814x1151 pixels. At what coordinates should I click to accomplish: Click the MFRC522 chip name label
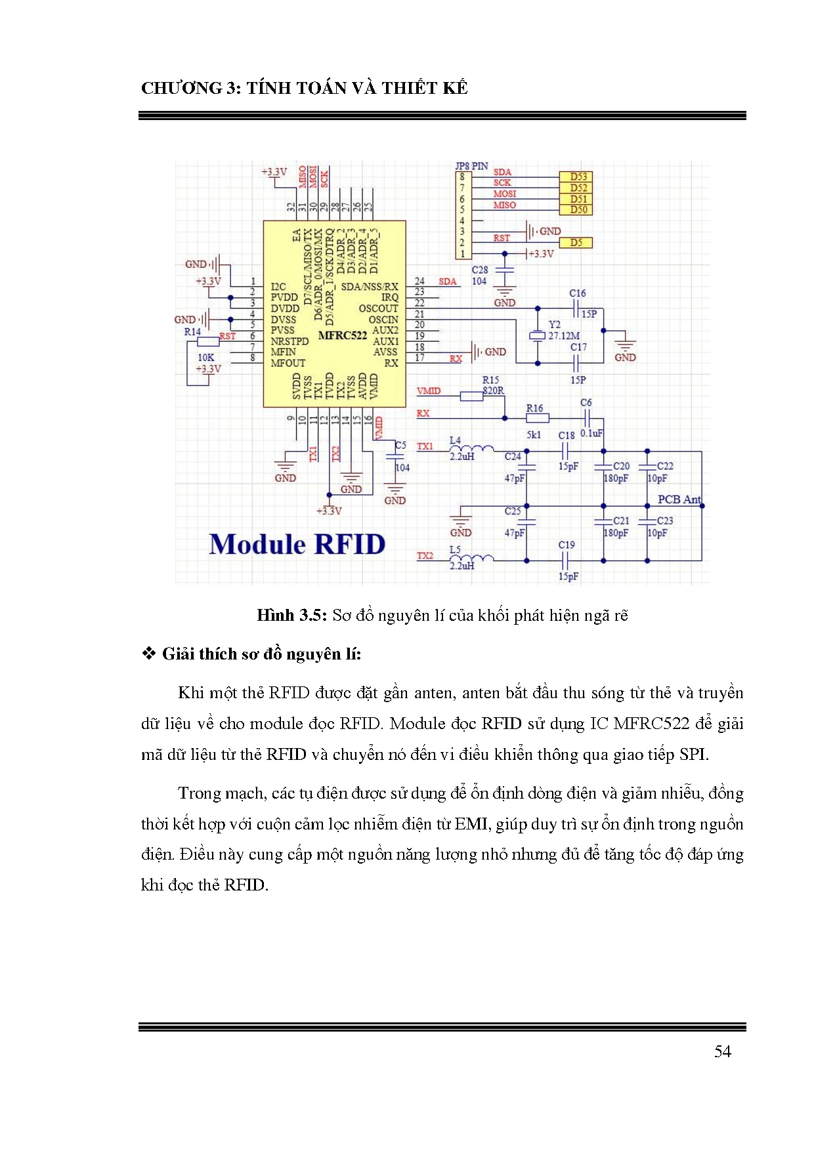point(342,335)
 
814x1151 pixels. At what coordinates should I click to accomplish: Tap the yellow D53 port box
point(578,177)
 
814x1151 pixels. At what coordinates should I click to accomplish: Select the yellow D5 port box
point(576,243)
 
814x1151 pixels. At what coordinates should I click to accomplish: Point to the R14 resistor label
point(192,332)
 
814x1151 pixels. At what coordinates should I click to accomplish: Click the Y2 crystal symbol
point(538,337)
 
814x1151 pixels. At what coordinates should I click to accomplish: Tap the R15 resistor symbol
point(471,396)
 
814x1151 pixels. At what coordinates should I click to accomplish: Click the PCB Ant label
point(679,499)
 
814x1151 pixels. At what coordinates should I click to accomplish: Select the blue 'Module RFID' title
point(297,545)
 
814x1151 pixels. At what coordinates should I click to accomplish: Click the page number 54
point(722,1052)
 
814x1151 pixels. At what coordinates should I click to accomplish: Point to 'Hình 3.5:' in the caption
point(291,616)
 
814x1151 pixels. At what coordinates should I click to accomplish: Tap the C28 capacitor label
point(480,270)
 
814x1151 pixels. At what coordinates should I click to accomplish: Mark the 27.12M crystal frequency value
point(564,336)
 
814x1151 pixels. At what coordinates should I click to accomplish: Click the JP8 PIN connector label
point(471,166)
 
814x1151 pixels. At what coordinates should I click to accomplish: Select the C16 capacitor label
point(577,293)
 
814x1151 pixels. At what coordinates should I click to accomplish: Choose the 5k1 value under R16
point(534,434)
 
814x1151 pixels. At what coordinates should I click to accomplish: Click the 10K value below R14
point(206,358)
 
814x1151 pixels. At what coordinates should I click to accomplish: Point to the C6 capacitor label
point(586,402)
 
